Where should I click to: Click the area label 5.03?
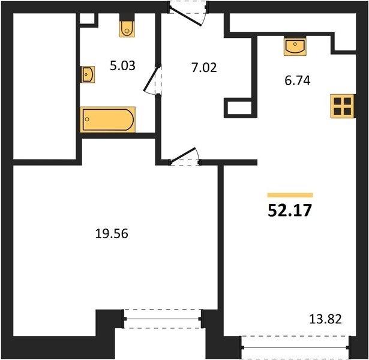coord(122,66)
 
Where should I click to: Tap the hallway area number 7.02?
coord(204,68)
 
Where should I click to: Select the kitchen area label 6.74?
coord(298,81)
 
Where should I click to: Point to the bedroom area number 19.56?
coord(112,234)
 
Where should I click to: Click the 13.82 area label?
coord(325,319)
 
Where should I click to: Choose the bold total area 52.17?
coord(290,211)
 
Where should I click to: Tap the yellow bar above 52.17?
coord(290,195)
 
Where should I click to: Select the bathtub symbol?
coord(108,119)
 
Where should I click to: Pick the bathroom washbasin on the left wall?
coord(88,74)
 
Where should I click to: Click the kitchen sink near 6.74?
coord(295,46)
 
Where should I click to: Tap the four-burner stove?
coord(343,106)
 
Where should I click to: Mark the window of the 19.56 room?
coord(163,319)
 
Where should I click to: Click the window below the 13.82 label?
coord(295,347)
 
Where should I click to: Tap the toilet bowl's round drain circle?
coord(127,31)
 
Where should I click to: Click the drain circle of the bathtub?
coord(88,119)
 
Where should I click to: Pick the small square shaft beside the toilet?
coord(87,19)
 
